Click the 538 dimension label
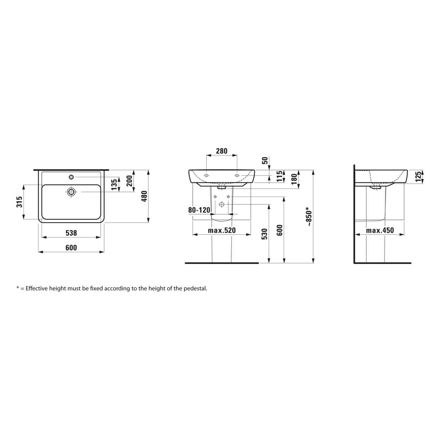pyautogui.click(x=71, y=233)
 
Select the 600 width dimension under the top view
pyautogui.click(x=71, y=248)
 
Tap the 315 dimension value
pyautogui.click(x=19, y=202)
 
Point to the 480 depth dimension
pyautogui.click(x=144, y=197)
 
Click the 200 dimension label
pyautogui.click(x=129, y=180)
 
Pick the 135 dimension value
pyautogui.click(x=114, y=185)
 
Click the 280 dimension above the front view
pyautogui.click(x=222, y=151)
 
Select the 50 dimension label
pyautogui.click(x=265, y=161)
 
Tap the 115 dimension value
pyautogui.click(x=280, y=176)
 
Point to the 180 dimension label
pyautogui.click(x=294, y=179)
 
